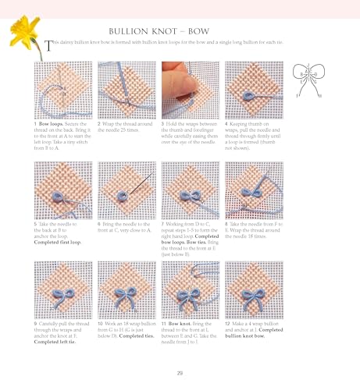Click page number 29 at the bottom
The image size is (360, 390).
(x=180, y=371)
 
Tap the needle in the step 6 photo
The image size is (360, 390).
(x=132, y=186)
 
